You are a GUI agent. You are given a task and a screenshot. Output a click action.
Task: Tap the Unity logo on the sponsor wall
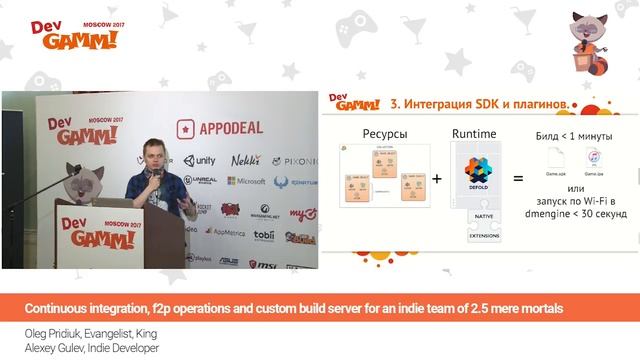point(199,160)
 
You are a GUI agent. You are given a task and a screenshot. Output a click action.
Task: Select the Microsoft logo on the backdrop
point(244,181)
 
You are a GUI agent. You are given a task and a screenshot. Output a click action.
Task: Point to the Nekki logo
point(245,160)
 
